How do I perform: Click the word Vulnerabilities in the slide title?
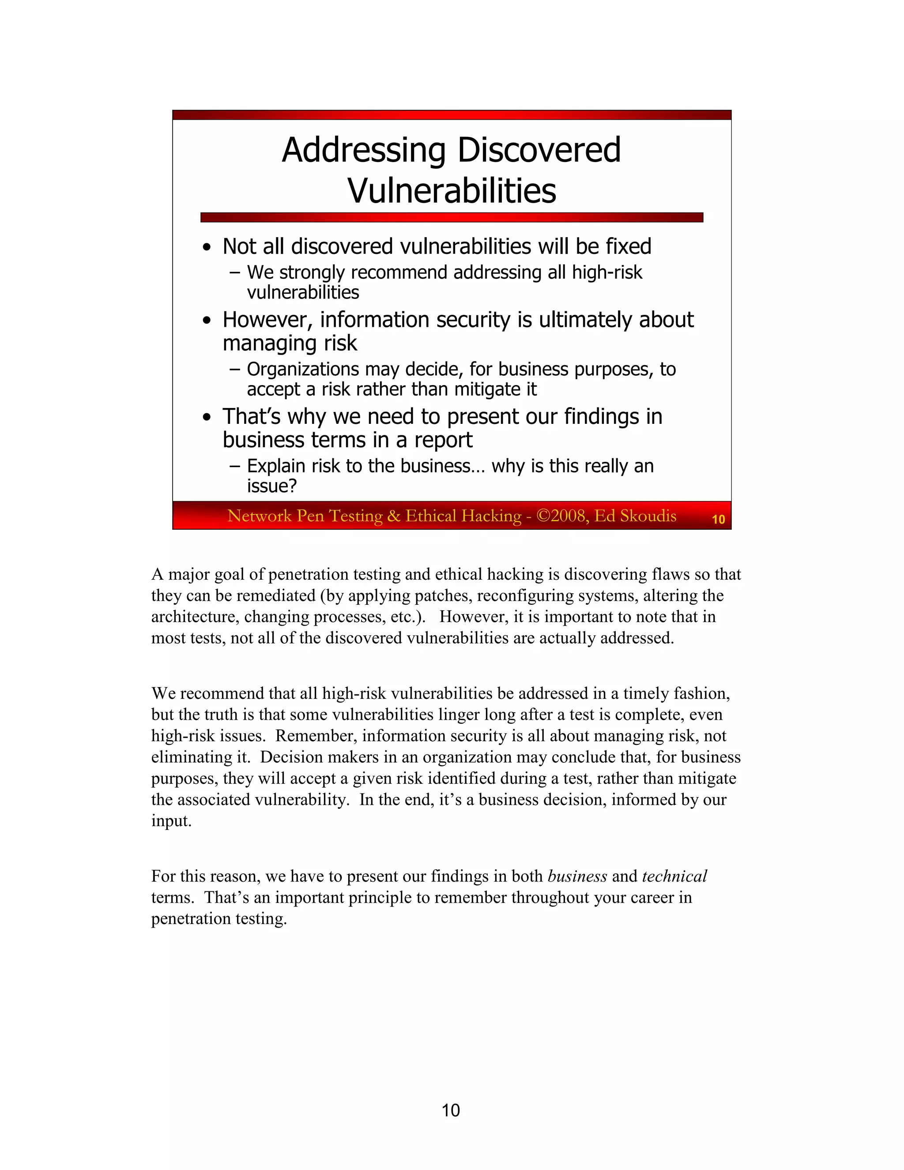coord(452,191)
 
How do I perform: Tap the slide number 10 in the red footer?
coord(718,519)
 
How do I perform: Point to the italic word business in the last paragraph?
coord(577,876)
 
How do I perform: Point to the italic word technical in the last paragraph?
coord(674,876)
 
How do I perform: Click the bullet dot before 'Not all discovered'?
coord(207,249)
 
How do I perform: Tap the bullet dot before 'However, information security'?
coord(207,321)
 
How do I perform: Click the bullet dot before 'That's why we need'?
coord(207,419)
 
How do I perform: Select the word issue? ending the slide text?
coord(271,487)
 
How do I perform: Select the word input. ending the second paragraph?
coord(171,821)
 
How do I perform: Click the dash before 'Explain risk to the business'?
coord(234,466)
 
